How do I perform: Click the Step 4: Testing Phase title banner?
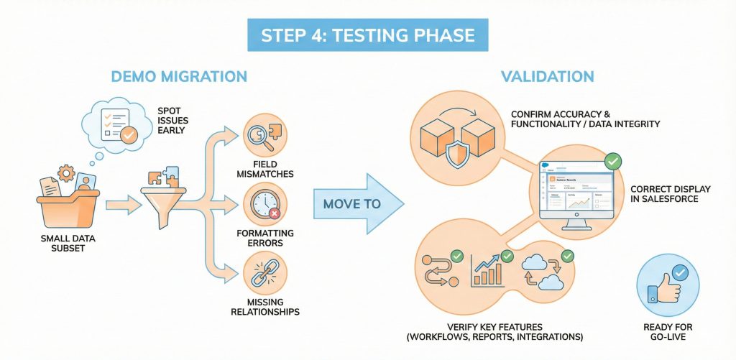click(x=367, y=35)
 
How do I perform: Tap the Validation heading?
click(x=548, y=77)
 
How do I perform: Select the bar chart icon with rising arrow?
click(x=488, y=269)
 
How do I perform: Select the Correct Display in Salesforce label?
click(x=670, y=194)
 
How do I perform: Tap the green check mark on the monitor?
click(x=612, y=161)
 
